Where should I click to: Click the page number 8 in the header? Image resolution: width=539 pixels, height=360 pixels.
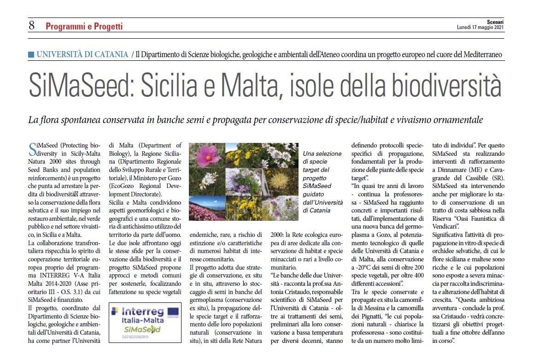(x=31, y=26)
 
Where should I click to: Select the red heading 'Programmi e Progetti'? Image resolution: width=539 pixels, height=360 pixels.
(x=84, y=26)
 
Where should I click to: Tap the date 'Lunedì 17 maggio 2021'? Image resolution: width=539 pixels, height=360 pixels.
(x=480, y=28)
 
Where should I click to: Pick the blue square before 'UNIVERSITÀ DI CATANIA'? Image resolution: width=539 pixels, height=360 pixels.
(x=31, y=54)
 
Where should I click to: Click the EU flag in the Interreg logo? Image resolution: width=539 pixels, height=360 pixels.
(x=173, y=312)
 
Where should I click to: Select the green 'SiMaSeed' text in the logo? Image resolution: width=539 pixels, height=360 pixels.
(x=143, y=330)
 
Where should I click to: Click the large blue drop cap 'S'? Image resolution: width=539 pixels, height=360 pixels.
(x=32, y=150)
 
